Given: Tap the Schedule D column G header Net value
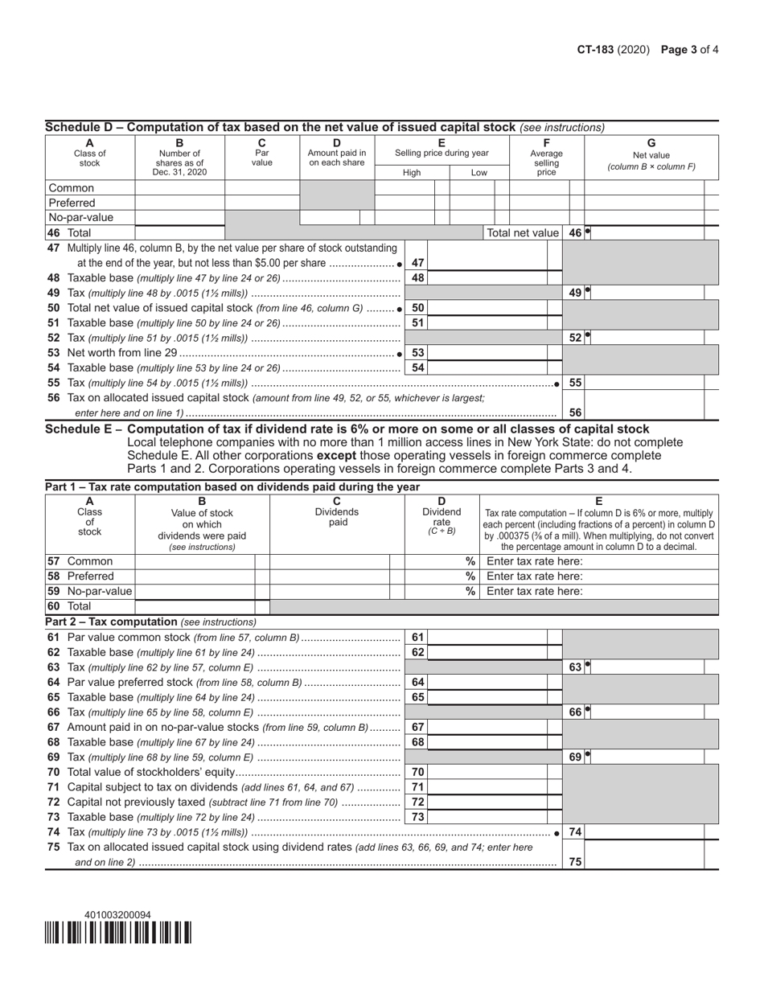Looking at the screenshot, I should point(651,155).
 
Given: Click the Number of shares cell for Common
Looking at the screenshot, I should point(179,188).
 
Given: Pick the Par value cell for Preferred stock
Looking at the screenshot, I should point(262,203).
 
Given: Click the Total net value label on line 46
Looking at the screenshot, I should point(523,232).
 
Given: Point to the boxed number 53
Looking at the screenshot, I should point(417,353).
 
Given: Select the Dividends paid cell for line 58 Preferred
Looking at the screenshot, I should point(329,577).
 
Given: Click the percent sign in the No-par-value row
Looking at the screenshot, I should point(470,591).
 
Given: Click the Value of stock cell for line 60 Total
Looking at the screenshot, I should point(195,606).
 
